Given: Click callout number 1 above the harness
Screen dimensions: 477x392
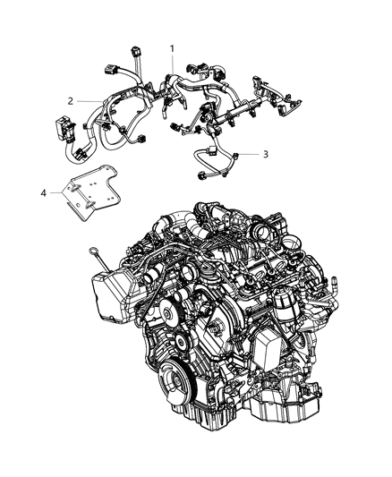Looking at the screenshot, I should [x=174, y=46].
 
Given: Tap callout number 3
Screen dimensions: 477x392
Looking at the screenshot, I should [x=265, y=154].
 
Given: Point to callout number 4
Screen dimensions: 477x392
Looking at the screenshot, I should [x=43, y=191].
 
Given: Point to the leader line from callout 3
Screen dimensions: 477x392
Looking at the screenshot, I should [x=249, y=155].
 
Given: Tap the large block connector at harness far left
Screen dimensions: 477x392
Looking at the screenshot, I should [x=65, y=131].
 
